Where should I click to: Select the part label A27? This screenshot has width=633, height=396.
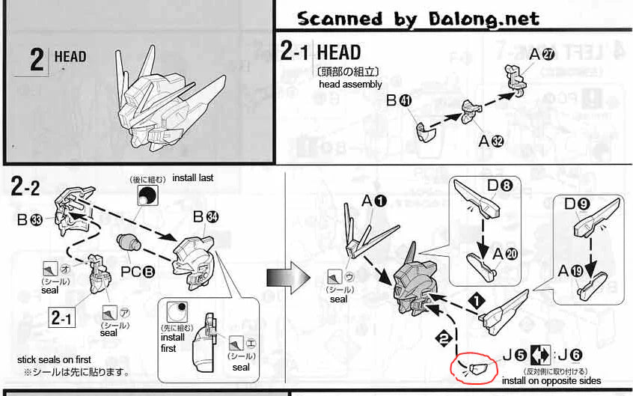[541, 54]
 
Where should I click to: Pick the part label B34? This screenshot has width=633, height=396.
[204, 218]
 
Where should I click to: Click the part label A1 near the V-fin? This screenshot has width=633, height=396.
[375, 201]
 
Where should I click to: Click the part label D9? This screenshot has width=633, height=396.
[576, 202]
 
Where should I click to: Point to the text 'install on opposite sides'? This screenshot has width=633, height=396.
[550, 381]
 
